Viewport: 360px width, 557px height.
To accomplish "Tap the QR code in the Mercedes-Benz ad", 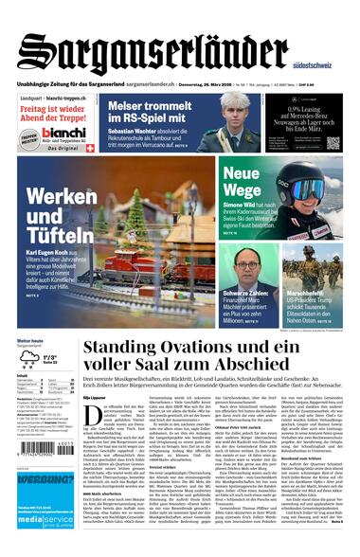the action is coord(333,142).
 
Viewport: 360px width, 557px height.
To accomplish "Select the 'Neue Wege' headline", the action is coord(242,181).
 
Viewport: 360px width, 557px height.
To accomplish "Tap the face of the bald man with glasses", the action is coord(247,261).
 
